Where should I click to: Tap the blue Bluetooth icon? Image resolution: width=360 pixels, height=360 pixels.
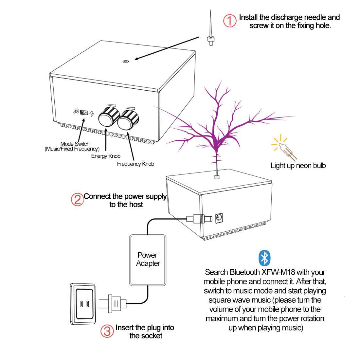click(x=264, y=258)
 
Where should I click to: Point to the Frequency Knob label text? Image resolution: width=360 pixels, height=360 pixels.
click(x=135, y=164)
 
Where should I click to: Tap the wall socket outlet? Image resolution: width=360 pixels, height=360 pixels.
click(x=84, y=304)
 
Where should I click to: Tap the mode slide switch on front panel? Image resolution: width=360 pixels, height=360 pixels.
click(x=84, y=113)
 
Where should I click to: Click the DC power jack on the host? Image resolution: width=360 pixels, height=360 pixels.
click(x=219, y=217)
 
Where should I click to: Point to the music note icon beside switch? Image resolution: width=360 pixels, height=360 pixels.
click(x=76, y=111)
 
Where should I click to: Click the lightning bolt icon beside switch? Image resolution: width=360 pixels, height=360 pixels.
click(x=92, y=114)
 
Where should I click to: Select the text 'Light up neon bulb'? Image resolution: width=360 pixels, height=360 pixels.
click(x=298, y=166)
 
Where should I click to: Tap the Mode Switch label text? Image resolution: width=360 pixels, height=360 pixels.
click(x=75, y=144)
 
